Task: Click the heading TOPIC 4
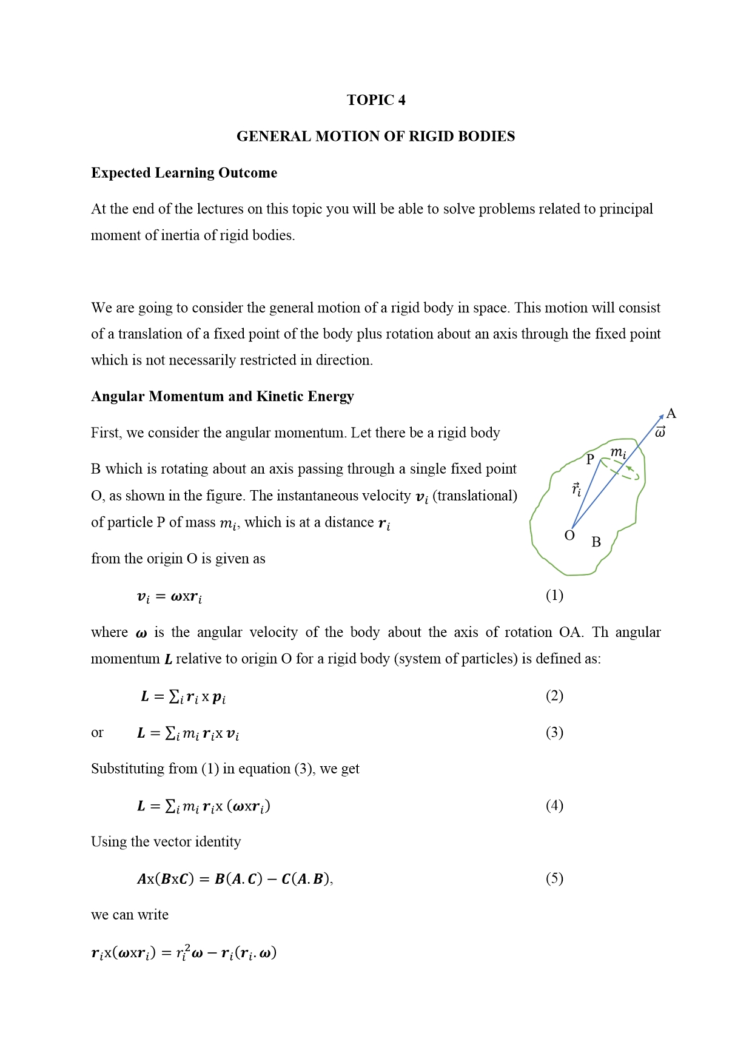click(376, 100)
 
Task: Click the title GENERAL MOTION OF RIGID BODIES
click(375, 136)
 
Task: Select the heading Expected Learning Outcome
click(184, 173)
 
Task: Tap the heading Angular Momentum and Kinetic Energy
click(222, 396)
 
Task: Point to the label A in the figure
click(671, 414)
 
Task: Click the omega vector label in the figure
click(660, 432)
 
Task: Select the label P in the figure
click(590, 459)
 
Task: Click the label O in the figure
click(569, 535)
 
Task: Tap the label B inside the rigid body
click(596, 542)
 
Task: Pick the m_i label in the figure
click(618, 453)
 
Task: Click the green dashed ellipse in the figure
click(620, 470)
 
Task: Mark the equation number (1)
click(554, 595)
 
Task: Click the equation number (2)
click(554, 695)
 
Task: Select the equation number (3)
click(554, 732)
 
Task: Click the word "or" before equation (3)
click(97, 733)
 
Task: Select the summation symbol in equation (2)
click(174, 696)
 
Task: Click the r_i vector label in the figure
click(576, 489)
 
